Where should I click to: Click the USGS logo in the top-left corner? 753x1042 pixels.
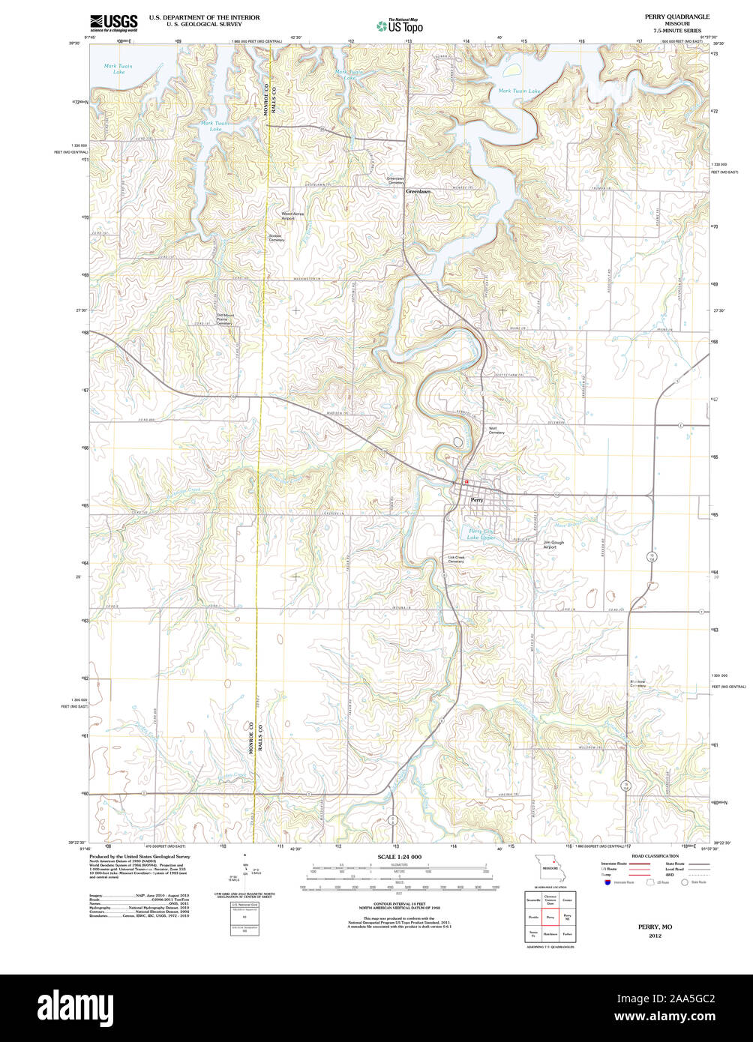coord(113,22)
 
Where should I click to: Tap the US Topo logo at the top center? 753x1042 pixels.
coord(400,25)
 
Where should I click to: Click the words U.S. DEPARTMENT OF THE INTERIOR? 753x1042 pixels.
coord(204,16)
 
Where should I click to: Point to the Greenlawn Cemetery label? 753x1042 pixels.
coord(394,181)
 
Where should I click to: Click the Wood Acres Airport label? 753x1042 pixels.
coord(292,216)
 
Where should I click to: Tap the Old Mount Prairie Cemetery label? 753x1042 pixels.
coord(225,319)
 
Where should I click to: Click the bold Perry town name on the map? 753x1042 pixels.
coord(477,499)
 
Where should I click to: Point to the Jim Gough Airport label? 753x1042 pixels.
coord(553,544)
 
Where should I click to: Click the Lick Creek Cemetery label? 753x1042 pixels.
coord(456,559)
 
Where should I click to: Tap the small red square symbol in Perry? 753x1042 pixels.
coord(466,482)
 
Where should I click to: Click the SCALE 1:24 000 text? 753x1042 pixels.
coord(399,856)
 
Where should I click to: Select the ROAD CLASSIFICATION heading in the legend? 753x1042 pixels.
coord(655,855)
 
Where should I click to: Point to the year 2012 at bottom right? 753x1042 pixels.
coord(655,936)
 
